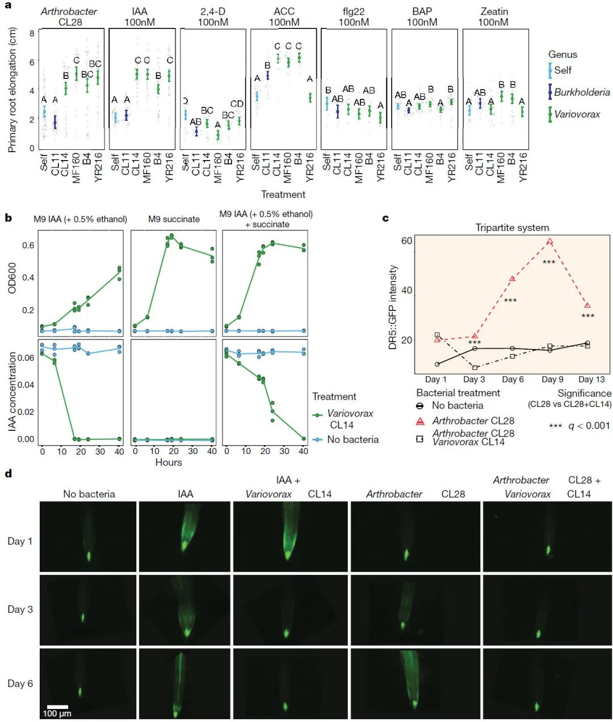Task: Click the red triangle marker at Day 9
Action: point(550,242)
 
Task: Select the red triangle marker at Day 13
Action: point(587,305)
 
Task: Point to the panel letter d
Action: point(8,474)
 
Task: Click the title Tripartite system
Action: point(512,228)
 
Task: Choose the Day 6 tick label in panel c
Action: point(513,379)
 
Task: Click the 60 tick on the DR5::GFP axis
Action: point(406,241)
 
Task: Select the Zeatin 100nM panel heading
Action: point(494,17)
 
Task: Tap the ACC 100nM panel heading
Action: point(284,17)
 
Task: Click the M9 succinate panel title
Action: point(174,219)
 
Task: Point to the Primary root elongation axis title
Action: point(12,90)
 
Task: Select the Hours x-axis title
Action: point(169,463)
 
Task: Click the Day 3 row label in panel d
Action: point(20,609)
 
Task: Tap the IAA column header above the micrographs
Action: point(185,494)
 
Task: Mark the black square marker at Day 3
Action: point(475,367)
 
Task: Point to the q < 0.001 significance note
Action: point(579,426)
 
